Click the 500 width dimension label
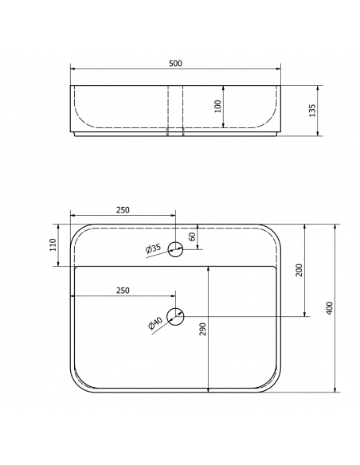[x=175, y=63]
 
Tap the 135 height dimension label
[x=312, y=111]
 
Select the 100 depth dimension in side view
[x=217, y=106]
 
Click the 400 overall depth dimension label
[x=330, y=308]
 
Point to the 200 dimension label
[x=299, y=270]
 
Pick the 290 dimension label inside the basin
[x=203, y=329]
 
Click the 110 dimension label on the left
[x=53, y=244]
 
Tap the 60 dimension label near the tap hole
[x=192, y=236]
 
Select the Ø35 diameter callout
[x=153, y=248]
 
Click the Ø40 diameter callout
[x=155, y=323]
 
